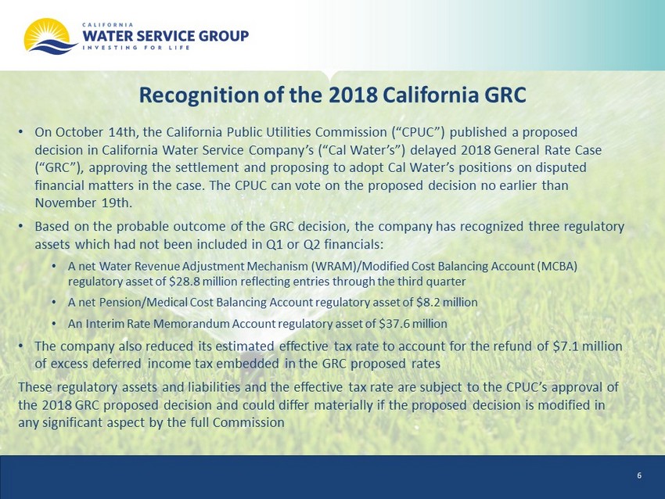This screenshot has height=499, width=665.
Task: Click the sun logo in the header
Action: (50, 36)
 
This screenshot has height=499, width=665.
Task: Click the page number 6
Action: (639, 476)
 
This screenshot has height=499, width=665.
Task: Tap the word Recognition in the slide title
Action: (199, 95)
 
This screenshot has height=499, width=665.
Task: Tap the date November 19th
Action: (83, 203)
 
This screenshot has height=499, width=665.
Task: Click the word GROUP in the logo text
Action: (224, 36)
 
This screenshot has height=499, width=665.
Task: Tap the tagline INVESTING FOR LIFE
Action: (135, 48)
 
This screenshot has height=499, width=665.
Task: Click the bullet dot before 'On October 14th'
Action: (20, 133)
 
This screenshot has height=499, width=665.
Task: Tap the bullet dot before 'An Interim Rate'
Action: (54, 325)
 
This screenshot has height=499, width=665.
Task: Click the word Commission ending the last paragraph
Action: (249, 422)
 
